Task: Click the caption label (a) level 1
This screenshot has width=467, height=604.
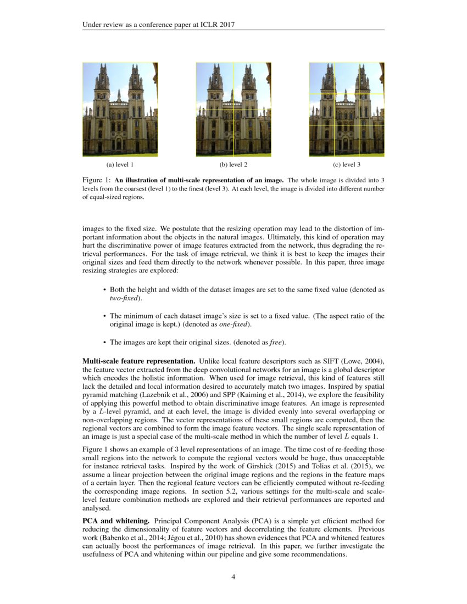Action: [x=120, y=164]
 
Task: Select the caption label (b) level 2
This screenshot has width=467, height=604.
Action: [x=233, y=164]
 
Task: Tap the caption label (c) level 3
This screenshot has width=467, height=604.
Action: [x=346, y=164]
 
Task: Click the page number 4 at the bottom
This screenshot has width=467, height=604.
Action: [x=233, y=577]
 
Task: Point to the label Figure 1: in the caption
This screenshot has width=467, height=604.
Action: [x=97, y=180]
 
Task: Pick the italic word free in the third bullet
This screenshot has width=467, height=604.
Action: [x=276, y=342]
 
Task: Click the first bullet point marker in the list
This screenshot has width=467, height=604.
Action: [x=104, y=289]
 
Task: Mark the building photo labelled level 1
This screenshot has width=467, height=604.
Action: [x=120, y=109]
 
